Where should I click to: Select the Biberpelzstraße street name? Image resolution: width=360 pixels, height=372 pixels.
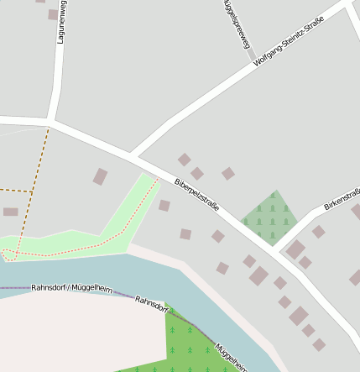pyautogui.click(x=196, y=194)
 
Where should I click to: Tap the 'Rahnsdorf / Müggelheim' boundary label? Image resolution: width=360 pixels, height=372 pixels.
pyautogui.click(x=71, y=288)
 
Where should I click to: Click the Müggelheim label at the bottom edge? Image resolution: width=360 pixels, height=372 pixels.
pyautogui.click(x=231, y=358)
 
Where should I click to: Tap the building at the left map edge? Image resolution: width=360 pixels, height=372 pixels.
pyautogui.click(x=10, y=212)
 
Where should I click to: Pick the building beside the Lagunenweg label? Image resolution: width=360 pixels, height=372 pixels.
pyautogui.click(x=53, y=14)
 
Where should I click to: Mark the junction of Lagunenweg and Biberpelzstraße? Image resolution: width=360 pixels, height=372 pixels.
pyautogui.click(x=50, y=124)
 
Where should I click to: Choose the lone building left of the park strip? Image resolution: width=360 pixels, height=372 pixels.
pyautogui.click(x=100, y=176)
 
